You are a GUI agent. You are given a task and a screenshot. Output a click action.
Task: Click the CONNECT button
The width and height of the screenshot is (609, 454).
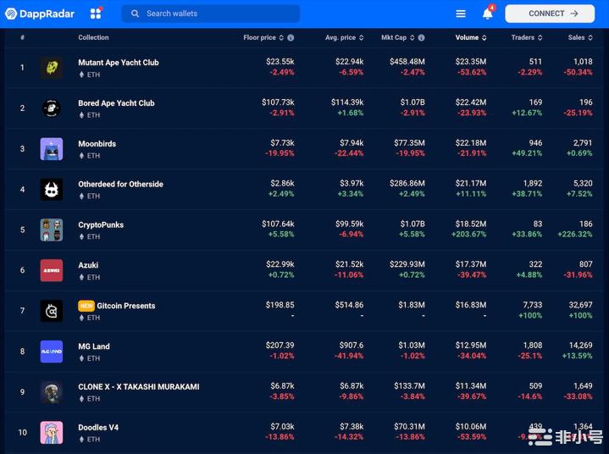[x=550, y=14]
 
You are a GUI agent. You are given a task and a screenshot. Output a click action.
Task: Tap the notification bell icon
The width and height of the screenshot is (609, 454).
[x=488, y=14]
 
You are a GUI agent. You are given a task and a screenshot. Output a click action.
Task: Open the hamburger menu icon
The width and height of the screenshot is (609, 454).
[x=461, y=14]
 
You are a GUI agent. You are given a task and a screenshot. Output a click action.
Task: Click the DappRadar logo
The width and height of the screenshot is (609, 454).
[x=40, y=14]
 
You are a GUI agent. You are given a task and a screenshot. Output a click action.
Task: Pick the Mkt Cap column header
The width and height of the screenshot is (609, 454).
[x=398, y=37]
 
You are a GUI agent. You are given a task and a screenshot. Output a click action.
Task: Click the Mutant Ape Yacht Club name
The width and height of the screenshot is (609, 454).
[x=119, y=63]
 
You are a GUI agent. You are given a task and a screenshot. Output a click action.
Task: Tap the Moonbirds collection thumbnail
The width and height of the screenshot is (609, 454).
[x=52, y=149]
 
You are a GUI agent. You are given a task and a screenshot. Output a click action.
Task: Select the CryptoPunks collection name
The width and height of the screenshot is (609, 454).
[x=101, y=224]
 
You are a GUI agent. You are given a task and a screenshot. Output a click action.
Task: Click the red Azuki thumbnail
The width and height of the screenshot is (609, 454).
[x=52, y=270]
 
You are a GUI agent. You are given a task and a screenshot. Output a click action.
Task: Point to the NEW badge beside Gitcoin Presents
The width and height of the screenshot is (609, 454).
[x=86, y=306]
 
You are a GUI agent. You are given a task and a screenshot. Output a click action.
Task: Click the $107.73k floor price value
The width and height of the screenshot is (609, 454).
[x=278, y=102]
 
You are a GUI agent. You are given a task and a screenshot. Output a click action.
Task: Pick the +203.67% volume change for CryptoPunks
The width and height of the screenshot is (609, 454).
[x=468, y=235]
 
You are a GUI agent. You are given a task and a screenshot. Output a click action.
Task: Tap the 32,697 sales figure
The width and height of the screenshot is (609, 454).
[x=579, y=305]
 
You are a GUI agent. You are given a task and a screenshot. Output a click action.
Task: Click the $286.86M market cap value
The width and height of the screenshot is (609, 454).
[x=405, y=183]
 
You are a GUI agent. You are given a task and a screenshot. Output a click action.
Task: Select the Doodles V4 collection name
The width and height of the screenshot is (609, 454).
[x=98, y=427]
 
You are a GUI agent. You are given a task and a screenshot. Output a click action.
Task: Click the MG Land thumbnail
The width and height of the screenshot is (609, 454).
[x=52, y=352]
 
